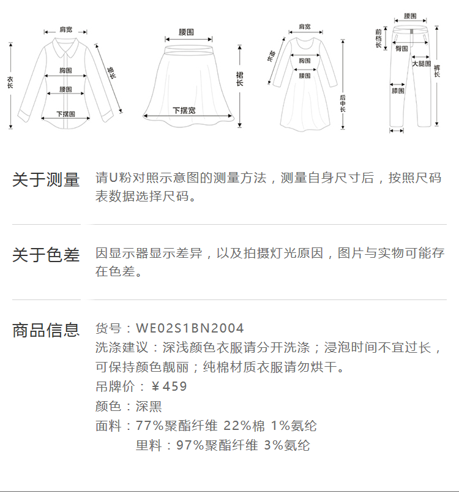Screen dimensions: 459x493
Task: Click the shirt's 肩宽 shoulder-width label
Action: point(65,30)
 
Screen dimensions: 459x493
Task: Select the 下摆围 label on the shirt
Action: point(65,114)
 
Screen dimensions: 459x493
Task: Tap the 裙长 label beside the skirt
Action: point(240,78)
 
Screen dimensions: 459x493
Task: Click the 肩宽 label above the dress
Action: point(304,27)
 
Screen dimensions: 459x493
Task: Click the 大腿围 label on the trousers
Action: point(422,63)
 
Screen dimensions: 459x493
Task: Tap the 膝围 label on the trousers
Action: point(398,91)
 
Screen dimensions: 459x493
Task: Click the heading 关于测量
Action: point(46,180)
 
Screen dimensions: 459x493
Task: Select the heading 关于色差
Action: point(46,255)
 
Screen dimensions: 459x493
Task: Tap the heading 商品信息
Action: point(46,330)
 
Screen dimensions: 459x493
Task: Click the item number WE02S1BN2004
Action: point(190,329)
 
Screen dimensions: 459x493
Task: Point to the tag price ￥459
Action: point(169,386)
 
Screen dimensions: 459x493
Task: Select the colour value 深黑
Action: point(149,406)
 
